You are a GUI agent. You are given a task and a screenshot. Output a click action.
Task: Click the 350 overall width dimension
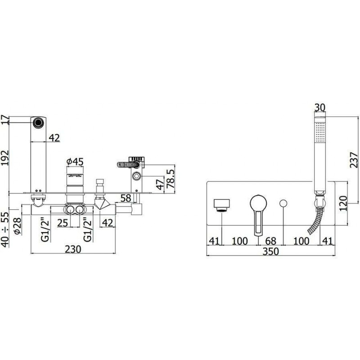[x=271, y=252]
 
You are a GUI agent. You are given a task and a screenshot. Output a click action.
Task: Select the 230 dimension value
[x=73, y=249]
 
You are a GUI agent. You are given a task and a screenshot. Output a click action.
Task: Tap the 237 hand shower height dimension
[x=354, y=160]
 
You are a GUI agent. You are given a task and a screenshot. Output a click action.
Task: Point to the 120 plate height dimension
[x=343, y=203]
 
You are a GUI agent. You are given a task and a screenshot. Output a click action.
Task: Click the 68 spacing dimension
[x=270, y=241]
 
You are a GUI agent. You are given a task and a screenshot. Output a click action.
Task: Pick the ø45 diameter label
[x=75, y=162]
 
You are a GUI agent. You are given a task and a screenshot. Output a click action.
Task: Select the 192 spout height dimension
[x=5, y=158]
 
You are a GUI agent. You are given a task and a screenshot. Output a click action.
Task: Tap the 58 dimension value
[x=126, y=198]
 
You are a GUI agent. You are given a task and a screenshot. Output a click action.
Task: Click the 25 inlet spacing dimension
[x=63, y=223]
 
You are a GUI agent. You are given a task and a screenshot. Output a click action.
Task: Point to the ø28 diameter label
[x=17, y=226]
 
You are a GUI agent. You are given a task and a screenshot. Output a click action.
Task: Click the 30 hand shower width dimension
[x=320, y=108]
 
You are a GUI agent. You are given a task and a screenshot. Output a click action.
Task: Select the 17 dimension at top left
[x=5, y=120]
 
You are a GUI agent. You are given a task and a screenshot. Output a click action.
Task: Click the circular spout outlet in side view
[x=38, y=122]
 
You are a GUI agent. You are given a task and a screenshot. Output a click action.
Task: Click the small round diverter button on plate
[x=284, y=204]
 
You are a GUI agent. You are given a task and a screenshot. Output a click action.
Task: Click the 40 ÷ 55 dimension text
[x=5, y=229]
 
